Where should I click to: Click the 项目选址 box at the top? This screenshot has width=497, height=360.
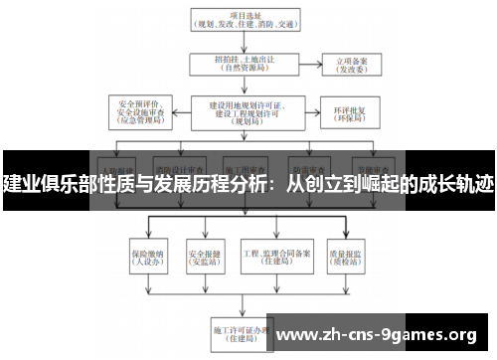(x=243, y=21)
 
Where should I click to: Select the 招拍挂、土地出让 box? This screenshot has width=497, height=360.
(x=242, y=65)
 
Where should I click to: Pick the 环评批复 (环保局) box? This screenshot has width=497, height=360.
(x=349, y=110)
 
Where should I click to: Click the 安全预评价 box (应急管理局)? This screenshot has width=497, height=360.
(x=144, y=110)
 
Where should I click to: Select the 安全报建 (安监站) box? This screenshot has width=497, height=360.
(x=203, y=255)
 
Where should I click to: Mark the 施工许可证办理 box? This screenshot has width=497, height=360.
(x=242, y=331)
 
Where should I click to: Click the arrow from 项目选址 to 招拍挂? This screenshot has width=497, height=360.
(x=242, y=43)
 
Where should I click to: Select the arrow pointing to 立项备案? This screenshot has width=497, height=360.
(x=309, y=65)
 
